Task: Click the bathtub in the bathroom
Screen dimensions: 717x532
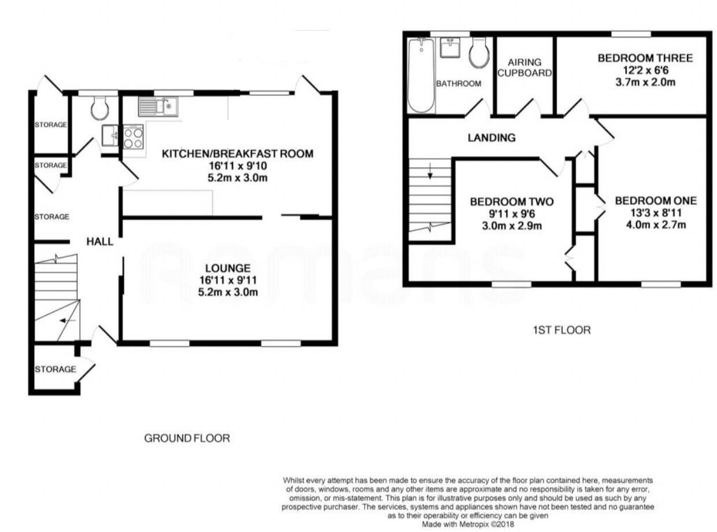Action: click(421, 75)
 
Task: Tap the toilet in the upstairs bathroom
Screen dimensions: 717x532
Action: click(479, 53)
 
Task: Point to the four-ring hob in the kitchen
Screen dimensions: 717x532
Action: click(133, 137)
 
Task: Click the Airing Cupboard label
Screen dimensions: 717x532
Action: click(524, 68)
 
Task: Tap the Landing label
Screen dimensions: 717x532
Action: click(491, 138)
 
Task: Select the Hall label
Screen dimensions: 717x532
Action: click(100, 241)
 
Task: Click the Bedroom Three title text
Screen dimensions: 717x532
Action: click(645, 58)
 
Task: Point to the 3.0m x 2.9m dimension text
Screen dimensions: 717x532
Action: click(511, 226)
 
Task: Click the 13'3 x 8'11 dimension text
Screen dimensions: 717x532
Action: click(656, 213)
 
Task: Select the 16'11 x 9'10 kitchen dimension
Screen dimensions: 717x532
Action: click(238, 166)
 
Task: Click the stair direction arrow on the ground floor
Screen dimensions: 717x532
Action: click(68, 320)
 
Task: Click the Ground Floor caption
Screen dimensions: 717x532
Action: click(187, 438)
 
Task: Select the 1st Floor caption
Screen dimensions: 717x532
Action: click(561, 330)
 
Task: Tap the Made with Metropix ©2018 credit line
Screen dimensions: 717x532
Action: click(468, 524)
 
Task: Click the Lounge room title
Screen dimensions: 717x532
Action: click(228, 268)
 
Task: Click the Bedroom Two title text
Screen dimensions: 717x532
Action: click(511, 202)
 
